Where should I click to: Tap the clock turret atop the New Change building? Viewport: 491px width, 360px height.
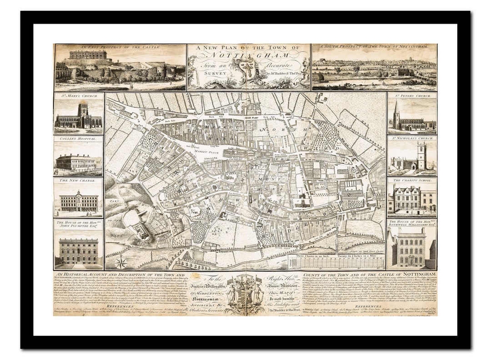(79, 194)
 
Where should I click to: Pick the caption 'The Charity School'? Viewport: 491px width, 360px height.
(412, 180)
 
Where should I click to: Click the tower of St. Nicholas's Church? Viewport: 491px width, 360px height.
(421, 154)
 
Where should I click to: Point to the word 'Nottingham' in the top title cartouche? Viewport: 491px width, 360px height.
(248, 56)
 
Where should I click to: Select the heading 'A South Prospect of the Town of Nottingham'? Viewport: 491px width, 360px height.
(374, 47)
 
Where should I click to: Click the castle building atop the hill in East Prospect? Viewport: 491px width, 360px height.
(88, 55)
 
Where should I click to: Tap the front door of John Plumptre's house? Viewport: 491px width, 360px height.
(79, 261)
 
